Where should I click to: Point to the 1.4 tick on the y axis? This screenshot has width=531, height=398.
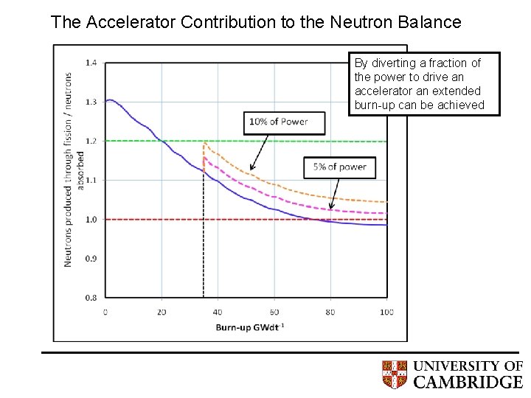(x=91, y=63)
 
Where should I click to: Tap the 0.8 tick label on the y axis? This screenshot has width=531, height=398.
(x=91, y=298)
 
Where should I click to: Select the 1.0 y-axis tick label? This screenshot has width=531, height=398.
(x=91, y=220)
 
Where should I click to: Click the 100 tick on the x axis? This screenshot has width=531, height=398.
(x=386, y=312)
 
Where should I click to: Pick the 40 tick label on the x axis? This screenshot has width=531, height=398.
(x=218, y=312)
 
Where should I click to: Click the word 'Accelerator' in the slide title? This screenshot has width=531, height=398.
(x=128, y=22)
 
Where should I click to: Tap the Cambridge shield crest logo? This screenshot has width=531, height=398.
(x=395, y=374)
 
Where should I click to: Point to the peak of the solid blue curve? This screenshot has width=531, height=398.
(x=109, y=99)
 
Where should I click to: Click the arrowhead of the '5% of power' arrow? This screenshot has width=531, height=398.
(x=331, y=208)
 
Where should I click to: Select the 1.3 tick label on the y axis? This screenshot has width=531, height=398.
(x=91, y=102)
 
